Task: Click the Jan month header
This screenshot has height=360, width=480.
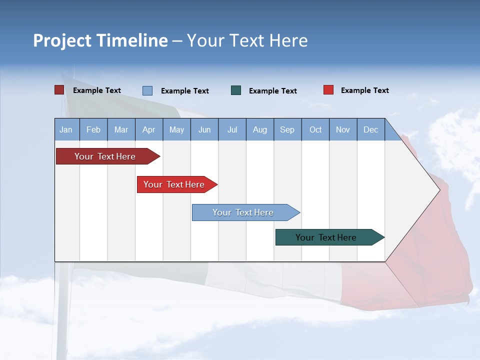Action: tap(66, 130)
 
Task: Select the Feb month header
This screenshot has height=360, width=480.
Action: tap(93, 130)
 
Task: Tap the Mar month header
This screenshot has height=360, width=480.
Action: tap(121, 130)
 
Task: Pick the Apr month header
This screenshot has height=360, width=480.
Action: tap(149, 130)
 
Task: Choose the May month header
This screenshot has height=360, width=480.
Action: tap(176, 130)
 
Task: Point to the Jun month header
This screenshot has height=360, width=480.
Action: tap(204, 130)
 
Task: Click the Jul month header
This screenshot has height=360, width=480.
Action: tap(232, 130)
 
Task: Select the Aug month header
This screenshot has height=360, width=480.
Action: tap(260, 130)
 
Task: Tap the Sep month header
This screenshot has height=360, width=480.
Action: tap(287, 130)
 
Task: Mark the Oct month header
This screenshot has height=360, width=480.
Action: tap(315, 130)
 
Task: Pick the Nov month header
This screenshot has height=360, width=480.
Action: tap(343, 130)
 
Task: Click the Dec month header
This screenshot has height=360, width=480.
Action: tap(371, 130)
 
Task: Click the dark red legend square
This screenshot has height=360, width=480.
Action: tap(59, 90)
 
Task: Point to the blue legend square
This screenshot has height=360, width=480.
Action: tap(147, 90)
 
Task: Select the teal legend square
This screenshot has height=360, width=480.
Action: tap(236, 90)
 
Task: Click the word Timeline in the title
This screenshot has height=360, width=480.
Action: tap(132, 40)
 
